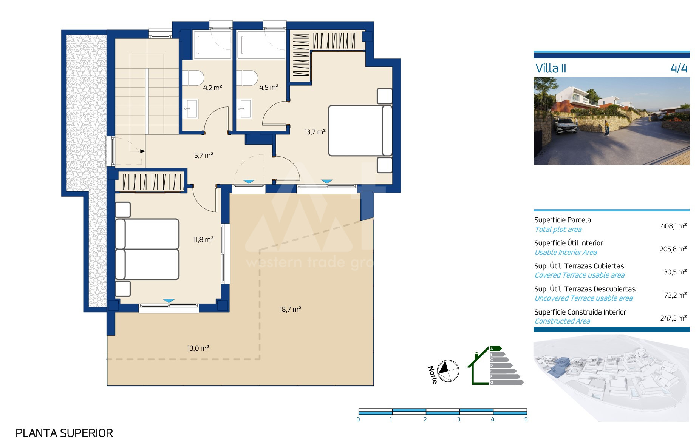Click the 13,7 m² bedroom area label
[x=315, y=132]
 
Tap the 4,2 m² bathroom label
[x=213, y=88]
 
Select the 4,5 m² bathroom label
[x=269, y=87]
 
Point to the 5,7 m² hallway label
[x=204, y=155]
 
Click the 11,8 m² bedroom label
[x=203, y=239]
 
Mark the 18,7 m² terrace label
[x=290, y=309]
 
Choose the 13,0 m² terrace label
[x=198, y=348]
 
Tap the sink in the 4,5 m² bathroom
[x=245, y=109]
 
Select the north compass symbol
[x=448, y=371]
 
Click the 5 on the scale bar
[x=526, y=419]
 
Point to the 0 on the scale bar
[x=358, y=419]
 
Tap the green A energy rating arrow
[x=495, y=348]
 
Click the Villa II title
[x=551, y=68]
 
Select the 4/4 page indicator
[x=679, y=68]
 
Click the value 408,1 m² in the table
[x=674, y=226]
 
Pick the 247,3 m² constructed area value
[x=673, y=318]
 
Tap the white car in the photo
[x=567, y=126]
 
